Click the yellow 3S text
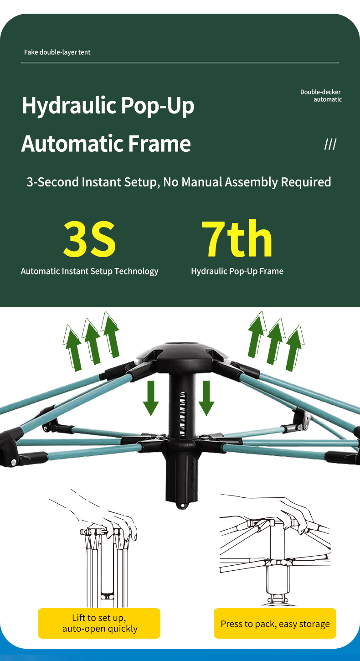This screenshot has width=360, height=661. pyautogui.click(x=89, y=238)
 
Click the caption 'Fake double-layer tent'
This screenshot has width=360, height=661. pyautogui.click(x=57, y=52)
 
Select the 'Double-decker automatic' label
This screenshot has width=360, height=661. pyautogui.click(x=321, y=96)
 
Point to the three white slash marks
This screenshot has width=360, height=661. pyautogui.click(x=330, y=145)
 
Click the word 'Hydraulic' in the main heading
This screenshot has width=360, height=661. pyautogui.click(x=69, y=106)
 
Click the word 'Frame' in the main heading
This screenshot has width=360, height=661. pyautogui.click(x=159, y=144)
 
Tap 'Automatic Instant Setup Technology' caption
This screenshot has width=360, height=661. pyautogui.click(x=89, y=271)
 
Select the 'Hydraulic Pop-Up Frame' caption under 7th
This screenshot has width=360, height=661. pyautogui.click(x=237, y=271)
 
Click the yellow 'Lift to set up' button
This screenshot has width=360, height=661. pyautogui.click(x=99, y=623)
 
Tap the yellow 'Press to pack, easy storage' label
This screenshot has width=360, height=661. pyautogui.click(x=275, y=623)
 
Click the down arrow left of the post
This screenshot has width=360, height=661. pyautogui.click(x=151, y=398)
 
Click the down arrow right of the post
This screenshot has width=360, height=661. pyautogui.click(x=206, y=398)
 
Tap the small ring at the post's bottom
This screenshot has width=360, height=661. pyautogui.click(x=182, y=506)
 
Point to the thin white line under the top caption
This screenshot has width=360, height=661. pyautogui.click(x=180, y=62)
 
